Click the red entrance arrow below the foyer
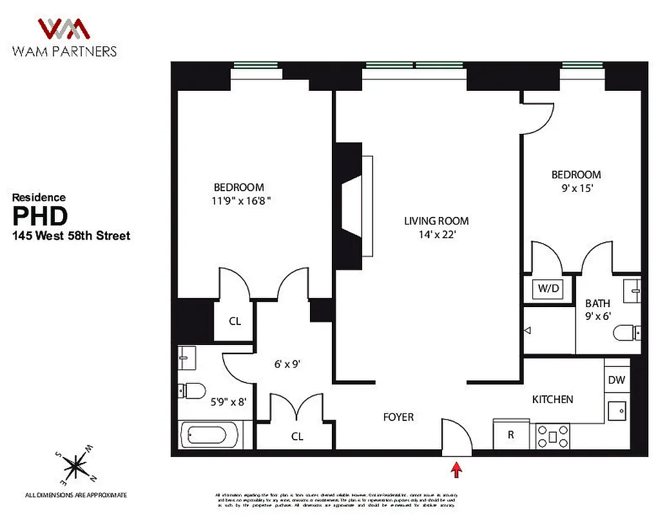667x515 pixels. pos(456,470)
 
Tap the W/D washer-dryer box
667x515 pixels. pos(548,289)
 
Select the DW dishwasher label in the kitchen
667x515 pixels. pos(616,380)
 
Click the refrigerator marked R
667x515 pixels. pos(511,435)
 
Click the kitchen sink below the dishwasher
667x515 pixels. pos(617,409)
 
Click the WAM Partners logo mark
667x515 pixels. pos(63,29)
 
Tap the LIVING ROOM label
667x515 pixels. pos(436,221)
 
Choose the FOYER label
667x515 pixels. pos(398,417)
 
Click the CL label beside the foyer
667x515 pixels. pos(297,436)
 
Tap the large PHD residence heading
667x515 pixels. pos(40,214)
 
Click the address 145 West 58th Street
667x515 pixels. pos(72,236)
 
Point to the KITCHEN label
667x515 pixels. pos(552,400)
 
